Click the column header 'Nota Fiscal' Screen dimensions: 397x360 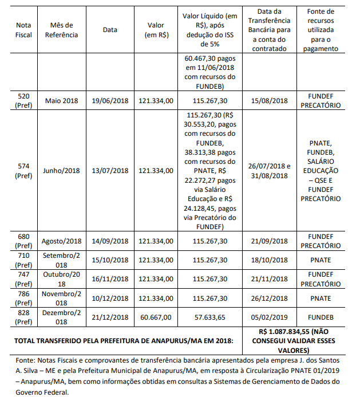click(x=24, y=30)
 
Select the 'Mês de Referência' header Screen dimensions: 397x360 click(x=61, y=30)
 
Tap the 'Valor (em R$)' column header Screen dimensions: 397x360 click(x=156, y=30)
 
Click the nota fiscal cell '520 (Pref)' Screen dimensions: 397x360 click(x=24, y=101)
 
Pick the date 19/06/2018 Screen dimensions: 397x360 click(x=110, y=101)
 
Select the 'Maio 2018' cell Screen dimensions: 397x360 click(x=61, y=101)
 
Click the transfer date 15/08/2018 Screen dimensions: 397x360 click(x=270, y=101)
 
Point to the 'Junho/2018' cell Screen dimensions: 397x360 click(x=61, y=171)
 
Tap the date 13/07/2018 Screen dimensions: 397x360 click(x=110, y=171)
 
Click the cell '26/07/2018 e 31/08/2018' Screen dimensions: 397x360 click(x=270, y=171)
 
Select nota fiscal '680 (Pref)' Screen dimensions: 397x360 click(x=24, y=241)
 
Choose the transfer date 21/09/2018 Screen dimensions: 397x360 click(x=270, y=241)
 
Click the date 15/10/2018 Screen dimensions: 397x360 click(x=110, y=260)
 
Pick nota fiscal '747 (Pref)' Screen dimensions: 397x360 click(x=24, y=279)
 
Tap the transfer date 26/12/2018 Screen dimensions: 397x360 click(x=270, y=298)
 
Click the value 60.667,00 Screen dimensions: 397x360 click(x=156, y=317)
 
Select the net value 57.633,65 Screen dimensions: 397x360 click(x=211, y=317)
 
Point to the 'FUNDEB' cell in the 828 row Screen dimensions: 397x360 click(x=320, y=317)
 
